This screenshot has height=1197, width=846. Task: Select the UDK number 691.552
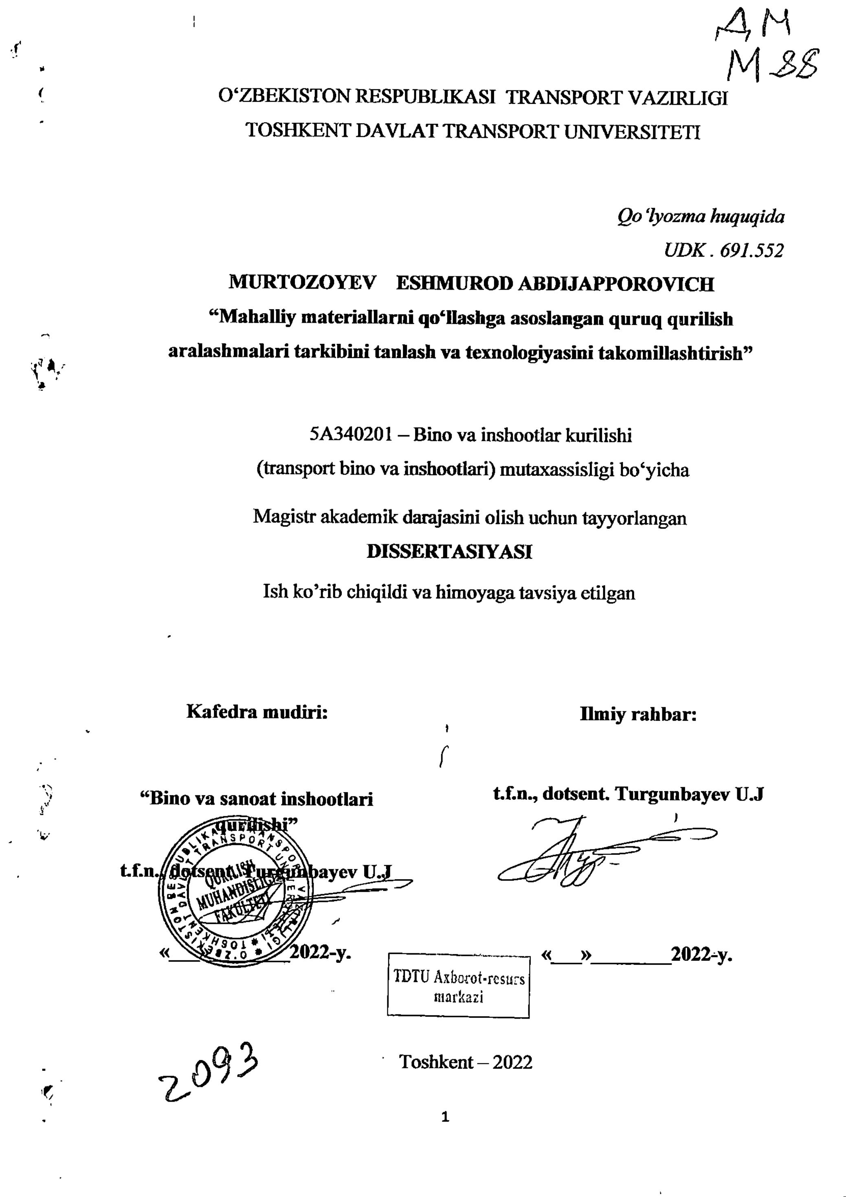tap(751, 251)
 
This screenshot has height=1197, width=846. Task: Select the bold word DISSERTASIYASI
tap(449, 552)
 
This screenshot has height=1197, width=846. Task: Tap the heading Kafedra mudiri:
tap(257, 712)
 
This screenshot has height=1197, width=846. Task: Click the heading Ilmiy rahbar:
tap(638, 714)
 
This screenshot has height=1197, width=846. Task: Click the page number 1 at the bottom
tap(445, 1117)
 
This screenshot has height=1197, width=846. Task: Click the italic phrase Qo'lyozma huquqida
tap(700, 216)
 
